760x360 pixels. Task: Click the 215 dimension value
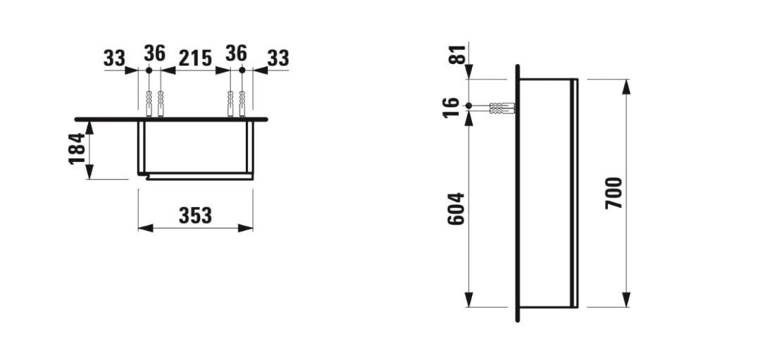point(195,58)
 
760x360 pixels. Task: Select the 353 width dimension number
point(195,216)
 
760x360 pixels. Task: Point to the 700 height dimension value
point(614,193)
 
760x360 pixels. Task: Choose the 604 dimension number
point(456,209)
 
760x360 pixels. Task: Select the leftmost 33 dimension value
point(114,58)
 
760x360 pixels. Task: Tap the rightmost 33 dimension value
point(278,58)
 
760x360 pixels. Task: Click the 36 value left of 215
point(154,53)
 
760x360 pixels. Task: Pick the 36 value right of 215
point(236,53)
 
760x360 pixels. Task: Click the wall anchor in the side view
point(502,108)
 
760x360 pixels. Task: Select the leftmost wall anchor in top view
point(149,104)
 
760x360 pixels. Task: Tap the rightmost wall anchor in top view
point(242,104)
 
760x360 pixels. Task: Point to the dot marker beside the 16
point(469,106)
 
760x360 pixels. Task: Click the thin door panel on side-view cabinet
point(575,193)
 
